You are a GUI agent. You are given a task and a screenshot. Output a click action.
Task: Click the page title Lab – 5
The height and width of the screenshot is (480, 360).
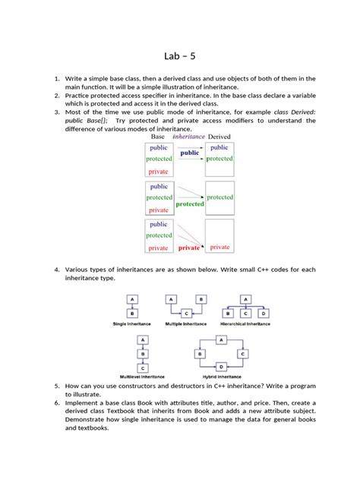click(180, 55)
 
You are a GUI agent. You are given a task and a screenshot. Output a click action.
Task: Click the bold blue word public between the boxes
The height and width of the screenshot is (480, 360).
click(190, 153)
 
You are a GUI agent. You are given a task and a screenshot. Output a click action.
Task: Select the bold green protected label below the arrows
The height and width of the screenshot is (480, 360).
click(190, 204)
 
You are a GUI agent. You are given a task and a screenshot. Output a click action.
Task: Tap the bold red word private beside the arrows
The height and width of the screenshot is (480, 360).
click(189, 248)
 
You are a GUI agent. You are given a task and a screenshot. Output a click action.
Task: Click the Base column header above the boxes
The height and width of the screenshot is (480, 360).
click(158, 137)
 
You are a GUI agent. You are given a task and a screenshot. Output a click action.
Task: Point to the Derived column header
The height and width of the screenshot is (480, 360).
click(220, 137)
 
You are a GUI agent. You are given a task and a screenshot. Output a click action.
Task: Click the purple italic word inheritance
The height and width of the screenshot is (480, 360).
click(189, 137)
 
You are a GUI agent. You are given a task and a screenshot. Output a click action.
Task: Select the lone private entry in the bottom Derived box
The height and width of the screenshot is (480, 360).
click(219, 247)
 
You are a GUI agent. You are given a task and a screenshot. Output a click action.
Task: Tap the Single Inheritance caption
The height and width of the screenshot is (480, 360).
click(131, 324)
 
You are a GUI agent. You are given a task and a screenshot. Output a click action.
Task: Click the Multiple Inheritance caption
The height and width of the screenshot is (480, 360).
click(185, 324)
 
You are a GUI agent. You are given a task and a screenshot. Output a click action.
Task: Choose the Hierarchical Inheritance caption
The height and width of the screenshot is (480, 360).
click(245, 324)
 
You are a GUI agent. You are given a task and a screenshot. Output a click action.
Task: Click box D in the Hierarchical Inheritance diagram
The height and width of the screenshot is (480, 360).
click(263, 313)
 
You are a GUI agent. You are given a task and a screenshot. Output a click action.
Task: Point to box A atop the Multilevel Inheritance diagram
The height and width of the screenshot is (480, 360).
click(142, 340)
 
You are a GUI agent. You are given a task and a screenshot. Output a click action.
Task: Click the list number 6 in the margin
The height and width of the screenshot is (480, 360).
click(57, 403)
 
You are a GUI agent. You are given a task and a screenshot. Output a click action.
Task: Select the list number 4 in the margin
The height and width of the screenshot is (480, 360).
click(57, 270)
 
